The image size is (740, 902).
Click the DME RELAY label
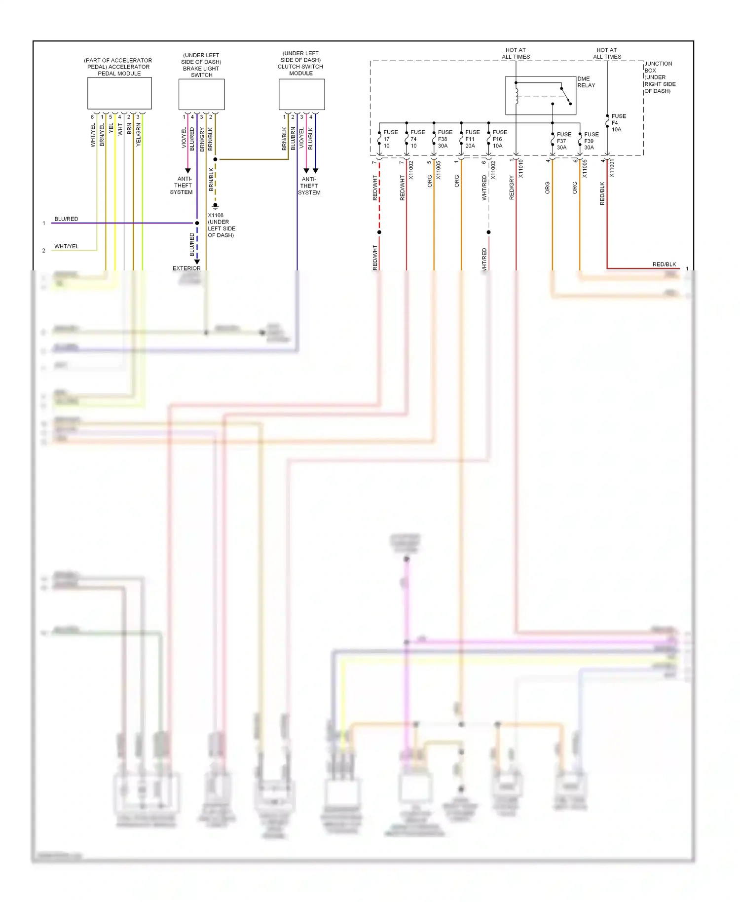point(586,82)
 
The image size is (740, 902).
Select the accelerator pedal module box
point(119,93)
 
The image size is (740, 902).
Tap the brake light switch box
point(201,94)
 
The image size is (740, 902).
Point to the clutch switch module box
point(301,94)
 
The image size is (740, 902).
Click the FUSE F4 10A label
point(618,123)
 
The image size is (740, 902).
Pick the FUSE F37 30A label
point(563,141)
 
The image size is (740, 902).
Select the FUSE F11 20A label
point(472,139)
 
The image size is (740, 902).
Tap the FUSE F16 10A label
point(499,139)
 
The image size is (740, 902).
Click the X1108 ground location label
point(221,225)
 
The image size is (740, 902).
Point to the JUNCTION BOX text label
point(659,77)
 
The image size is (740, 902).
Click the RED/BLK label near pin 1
point(664,264)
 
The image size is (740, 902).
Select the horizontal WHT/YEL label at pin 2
point(66,246)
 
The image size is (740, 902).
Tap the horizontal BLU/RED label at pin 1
point(66,219)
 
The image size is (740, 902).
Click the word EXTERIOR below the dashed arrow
point(186,268)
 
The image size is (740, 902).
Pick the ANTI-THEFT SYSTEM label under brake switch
point(182,186)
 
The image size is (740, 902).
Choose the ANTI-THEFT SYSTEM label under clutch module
point(309,186)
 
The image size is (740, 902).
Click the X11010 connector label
point(520,168)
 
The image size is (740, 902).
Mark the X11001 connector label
point(612,168)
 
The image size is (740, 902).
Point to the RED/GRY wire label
point(512,188)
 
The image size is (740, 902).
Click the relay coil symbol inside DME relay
point(517,97)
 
